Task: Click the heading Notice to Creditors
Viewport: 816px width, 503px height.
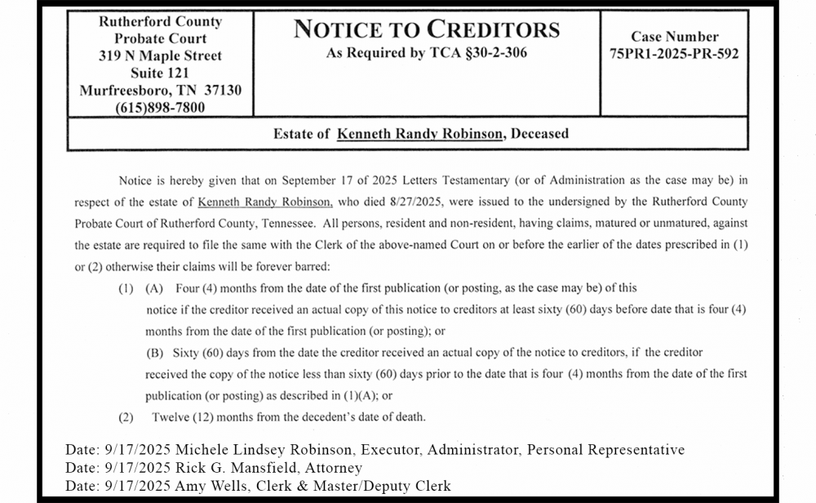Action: click(x=426, y=30)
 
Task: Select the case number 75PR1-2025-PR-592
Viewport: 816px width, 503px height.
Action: click(x=674, y=54)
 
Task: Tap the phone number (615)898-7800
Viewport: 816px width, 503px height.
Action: click(x=160, y=107)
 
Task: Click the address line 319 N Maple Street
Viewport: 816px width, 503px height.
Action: click(x=160, y=56)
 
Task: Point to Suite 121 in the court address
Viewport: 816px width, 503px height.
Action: click(x=160, y=73)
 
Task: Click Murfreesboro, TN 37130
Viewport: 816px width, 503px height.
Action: click(x=160, y=90)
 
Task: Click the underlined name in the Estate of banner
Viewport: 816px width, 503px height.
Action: click(x=419, y=134)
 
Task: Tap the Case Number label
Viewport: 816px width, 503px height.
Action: click(x=674, y=37)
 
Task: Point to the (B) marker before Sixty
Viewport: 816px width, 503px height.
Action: click(x=155, y=353)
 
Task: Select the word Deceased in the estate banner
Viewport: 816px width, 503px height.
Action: click(x=539, y=134)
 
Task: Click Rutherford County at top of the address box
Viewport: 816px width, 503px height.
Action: click(x=160, y=22)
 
